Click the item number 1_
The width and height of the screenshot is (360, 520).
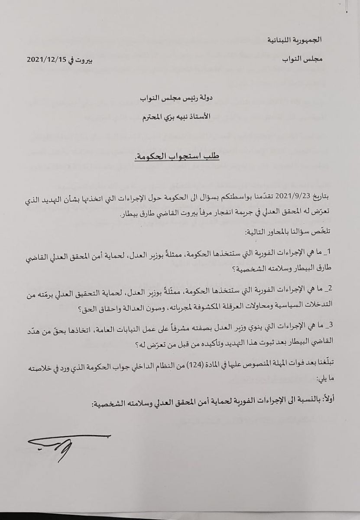pyautogui.click(x=326, y=252)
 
